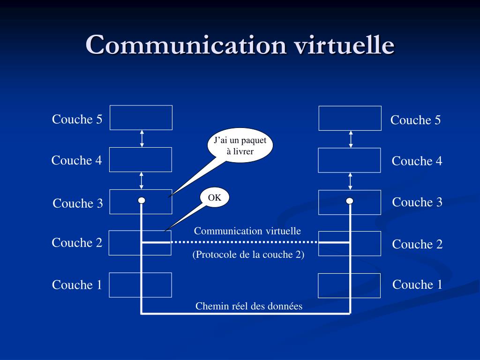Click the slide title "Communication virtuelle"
pyautogui.click(x=240, y=45)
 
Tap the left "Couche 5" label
pyautogui.click(x=77, y=119)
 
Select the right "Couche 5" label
pyautogui.click(x=415, y=120)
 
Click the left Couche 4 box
pyautogui.click(x=141, y=159)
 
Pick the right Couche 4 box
pyautogui.click(x=349, y=160)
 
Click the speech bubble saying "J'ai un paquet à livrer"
pyautogui.click(x=240, y=146)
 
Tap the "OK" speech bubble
pyautogui.click(x=215, y=198)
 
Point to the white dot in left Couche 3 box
pyautogui.click(x=142, y=201)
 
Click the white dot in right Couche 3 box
pyautogui.click(x=350, y=201)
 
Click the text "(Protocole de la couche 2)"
pyautogui.click(x=248, y=255)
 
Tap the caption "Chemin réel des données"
pyautogui.click(x=249, y=306)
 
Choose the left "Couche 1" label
pyautogui.click(x=77, y=285)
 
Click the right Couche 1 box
pyautogui.click(x=349, y=285)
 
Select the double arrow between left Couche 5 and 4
pyautogui.click(x=142, y=139)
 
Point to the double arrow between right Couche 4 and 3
pyautogui.click(x=350, y=181)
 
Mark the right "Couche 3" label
pyautogui.click(x=417, y=202)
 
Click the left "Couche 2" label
pyautogui.click(x=77, y=242)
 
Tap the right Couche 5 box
pyautogui.click(x=350, y=118)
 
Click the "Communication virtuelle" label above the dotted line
pyautogui.click(x=247, y=231)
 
